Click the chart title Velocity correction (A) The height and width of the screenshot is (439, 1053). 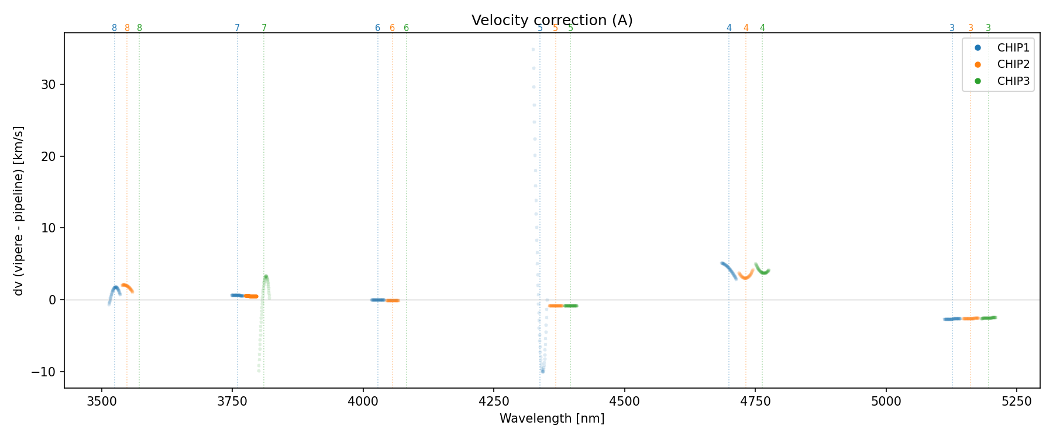click(x=552, y=20)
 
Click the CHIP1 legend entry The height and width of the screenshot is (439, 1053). click(x=1013, y=48)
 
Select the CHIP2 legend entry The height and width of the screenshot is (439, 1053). click(x=1013, y=64)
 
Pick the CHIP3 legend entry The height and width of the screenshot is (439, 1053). click(x=1013, y=81)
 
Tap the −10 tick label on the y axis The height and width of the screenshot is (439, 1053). click(x=44, y=372)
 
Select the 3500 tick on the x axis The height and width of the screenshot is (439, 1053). click(x=102, y=400)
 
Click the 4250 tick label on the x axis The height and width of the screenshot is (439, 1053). click(x=494, y=400)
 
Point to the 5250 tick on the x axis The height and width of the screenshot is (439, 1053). click(x=1017, y=400)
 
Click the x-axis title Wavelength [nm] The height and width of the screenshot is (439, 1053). click(x=552, y=419)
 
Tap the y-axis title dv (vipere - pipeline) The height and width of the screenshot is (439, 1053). click(x=19, y=210)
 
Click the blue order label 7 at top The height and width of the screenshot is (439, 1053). click(x=237, y=28)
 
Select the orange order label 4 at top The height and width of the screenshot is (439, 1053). click(x=746, y=28)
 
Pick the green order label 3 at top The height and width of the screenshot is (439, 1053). click(x=989, y=28)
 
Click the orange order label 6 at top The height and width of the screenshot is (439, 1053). click(x=392, y=28)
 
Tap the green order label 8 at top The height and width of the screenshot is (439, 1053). click(x=139, y=28)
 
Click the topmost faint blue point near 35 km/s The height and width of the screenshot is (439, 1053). click(x=533, y=50)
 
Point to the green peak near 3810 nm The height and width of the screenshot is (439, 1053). click(x=266, y=276)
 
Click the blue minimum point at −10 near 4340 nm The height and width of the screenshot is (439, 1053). click(x=542, y=371)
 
